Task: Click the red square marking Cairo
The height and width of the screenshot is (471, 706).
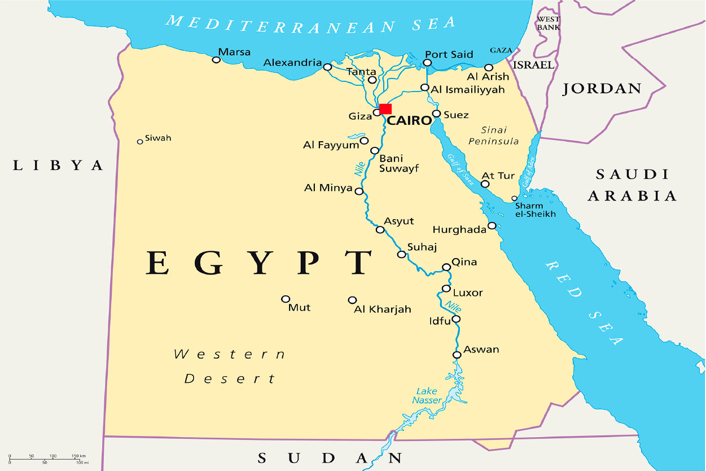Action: [x=385, y=108]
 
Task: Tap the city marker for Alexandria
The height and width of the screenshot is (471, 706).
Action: [x=327, y=67]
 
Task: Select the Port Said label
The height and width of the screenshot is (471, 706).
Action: [x=449, y=54]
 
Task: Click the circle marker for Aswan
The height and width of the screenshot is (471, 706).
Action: [x=457, y=355]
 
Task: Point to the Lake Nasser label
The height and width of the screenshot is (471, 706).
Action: [x=427, y=395]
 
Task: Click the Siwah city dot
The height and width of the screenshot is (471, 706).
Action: [x=140, y=141]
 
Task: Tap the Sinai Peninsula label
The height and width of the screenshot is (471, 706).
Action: [x=493, y=136]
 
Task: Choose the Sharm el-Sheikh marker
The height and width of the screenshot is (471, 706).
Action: [x=514, y=198]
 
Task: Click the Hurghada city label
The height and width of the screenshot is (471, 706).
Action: [x=459, y=230]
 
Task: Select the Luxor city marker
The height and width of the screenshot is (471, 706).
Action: [x=446, y=289]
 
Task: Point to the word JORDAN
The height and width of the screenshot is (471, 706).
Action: [x=602, y=89]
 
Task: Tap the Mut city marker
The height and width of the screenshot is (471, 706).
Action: [x=286, y=299]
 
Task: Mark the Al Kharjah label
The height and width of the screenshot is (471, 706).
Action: [x=382, y=309]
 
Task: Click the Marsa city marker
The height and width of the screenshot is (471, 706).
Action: [x=216, y=59]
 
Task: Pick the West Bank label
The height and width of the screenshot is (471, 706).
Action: [x=548, y=23]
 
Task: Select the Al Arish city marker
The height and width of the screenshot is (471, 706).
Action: [x=489, y=67]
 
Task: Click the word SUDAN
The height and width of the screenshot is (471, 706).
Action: [x=330, y=457]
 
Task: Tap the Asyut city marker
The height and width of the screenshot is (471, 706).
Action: [x=380, y=229]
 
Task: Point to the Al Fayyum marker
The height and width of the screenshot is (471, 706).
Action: [x=364, y=141]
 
